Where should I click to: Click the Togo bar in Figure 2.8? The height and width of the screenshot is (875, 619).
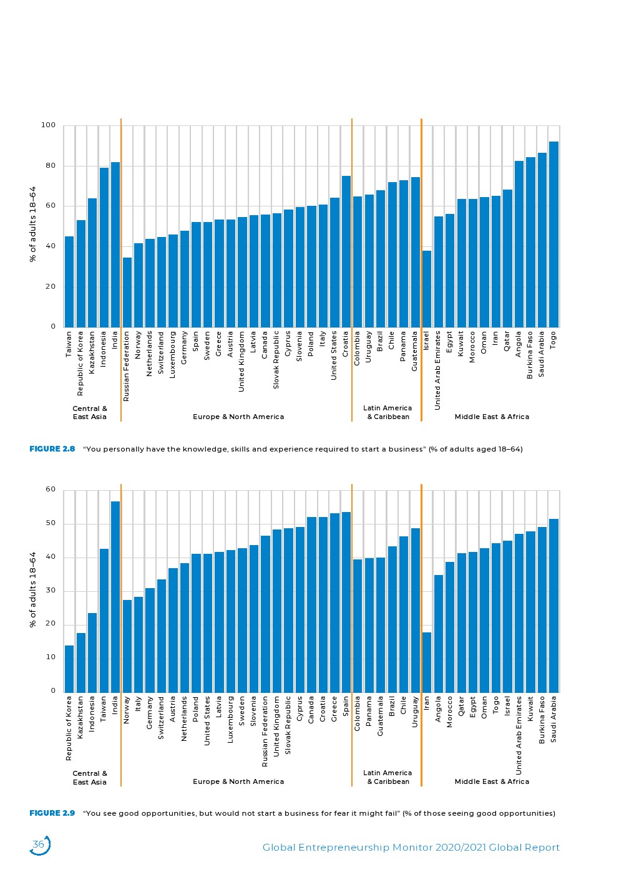[x=553, y=234]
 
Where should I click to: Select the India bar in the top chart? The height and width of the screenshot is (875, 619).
[x=115, y=244]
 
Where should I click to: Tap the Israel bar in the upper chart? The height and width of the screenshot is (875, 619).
[x=427, y=289]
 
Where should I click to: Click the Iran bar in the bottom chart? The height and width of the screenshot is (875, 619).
[x=427, y=662]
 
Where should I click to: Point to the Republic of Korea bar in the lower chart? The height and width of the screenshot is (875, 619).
[x=69, y=668]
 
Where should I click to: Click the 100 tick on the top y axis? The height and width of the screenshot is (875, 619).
[x=49, y=125]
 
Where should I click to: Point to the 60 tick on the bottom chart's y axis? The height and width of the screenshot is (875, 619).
[x=51, y=490]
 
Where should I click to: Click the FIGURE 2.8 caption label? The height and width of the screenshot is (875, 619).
[x=52, y=449]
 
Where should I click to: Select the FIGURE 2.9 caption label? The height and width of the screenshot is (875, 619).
[x=52, y=813]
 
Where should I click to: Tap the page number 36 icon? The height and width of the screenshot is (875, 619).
[x=39, y=845]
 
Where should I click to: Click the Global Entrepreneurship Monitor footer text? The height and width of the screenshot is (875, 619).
[x=411, y=848]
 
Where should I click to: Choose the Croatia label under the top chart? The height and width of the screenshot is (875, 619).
[x=346, y=344]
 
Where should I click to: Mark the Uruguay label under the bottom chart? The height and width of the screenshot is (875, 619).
[x=416, y=712]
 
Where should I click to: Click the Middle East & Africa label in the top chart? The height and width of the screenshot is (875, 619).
[x=492, y=417]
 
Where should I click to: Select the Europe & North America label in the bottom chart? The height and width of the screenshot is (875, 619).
[x=238, y=781]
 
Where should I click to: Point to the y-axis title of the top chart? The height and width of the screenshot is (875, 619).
[x=33, y=224]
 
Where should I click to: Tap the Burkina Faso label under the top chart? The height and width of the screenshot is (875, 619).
[x=530, y=355]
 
